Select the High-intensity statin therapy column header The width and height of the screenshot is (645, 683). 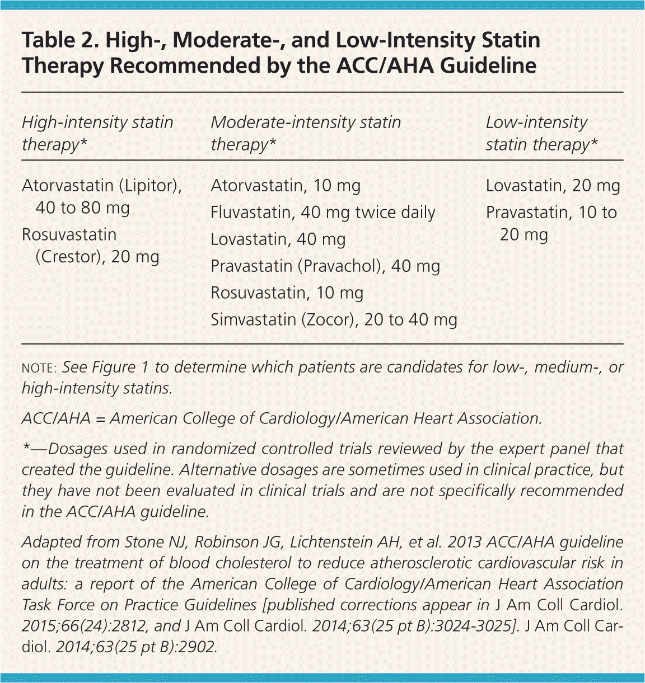point(97,133)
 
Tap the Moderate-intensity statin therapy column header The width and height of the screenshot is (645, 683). point(306,133)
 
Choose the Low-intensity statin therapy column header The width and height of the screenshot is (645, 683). point(541,133)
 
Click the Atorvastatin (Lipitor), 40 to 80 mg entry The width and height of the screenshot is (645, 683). point(101,196)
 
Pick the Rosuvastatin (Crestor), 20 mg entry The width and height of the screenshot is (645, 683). point(90,246)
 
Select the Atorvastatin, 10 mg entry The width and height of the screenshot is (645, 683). point(286,186)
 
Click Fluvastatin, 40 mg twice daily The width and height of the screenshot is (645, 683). point(322,213)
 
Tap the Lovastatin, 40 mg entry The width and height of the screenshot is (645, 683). point(278,239)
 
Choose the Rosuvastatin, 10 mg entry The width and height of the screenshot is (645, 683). point(287,293)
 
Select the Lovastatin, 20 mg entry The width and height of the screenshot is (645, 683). point(553,186)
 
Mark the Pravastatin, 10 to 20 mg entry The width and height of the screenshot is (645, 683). point(551,223)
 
